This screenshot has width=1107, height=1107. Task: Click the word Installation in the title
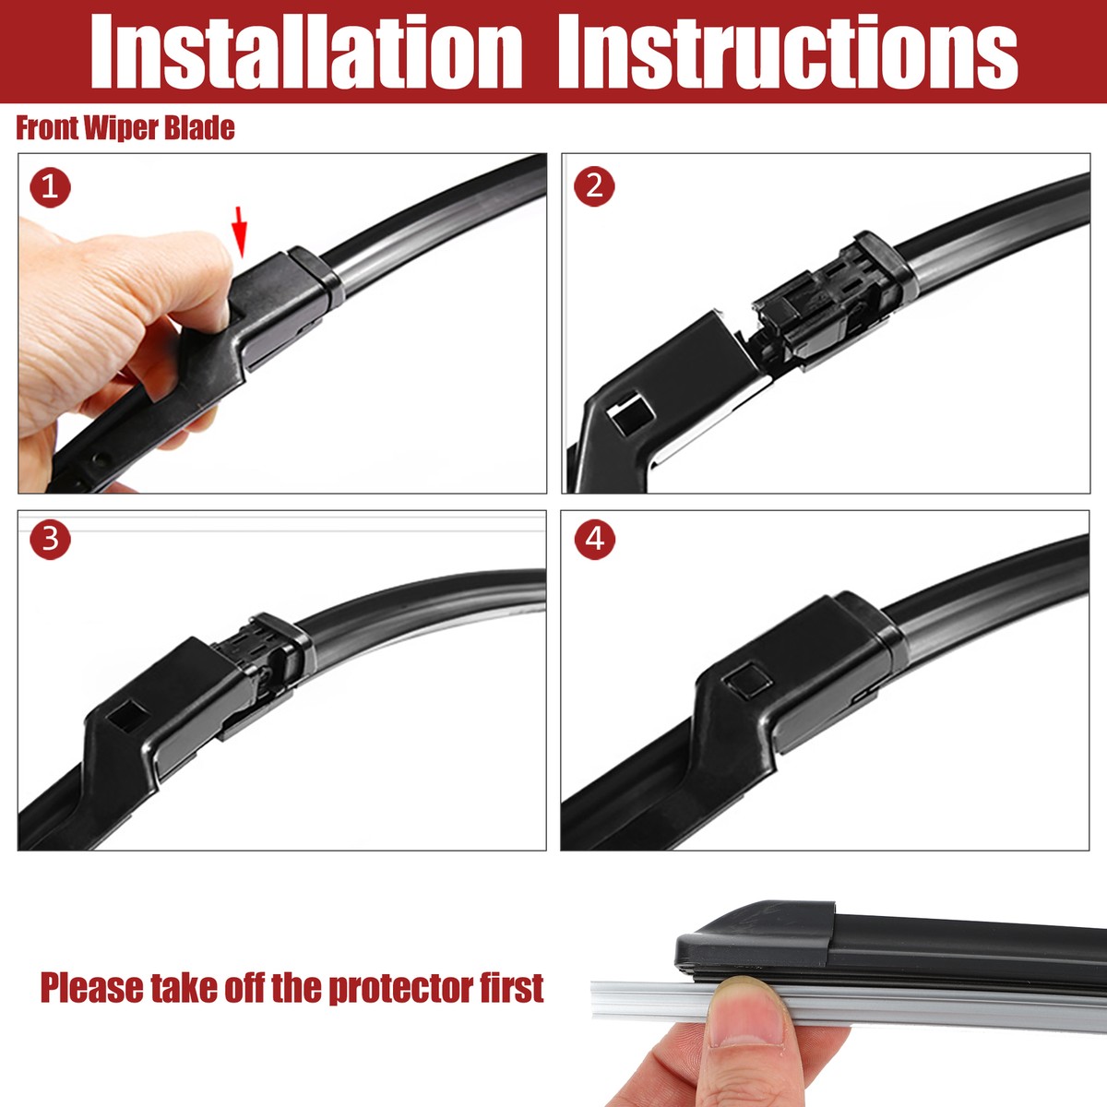pyautogui.click(x=305, y=53)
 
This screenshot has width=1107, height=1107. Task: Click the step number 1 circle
pyautogui.click(x=50, y=187)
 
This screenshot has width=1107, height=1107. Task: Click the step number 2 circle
pyautogui.click(x=594, y=186)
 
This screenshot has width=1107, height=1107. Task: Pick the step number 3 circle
pyautogui.click(x=50, y=539)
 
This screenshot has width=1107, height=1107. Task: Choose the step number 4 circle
pyautogui.click(x=594, y=539)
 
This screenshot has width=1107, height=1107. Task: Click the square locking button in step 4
pyautogui.click(x=747, y=681)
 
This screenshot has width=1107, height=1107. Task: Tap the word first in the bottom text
pyautogui.click(x=511, y=988)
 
